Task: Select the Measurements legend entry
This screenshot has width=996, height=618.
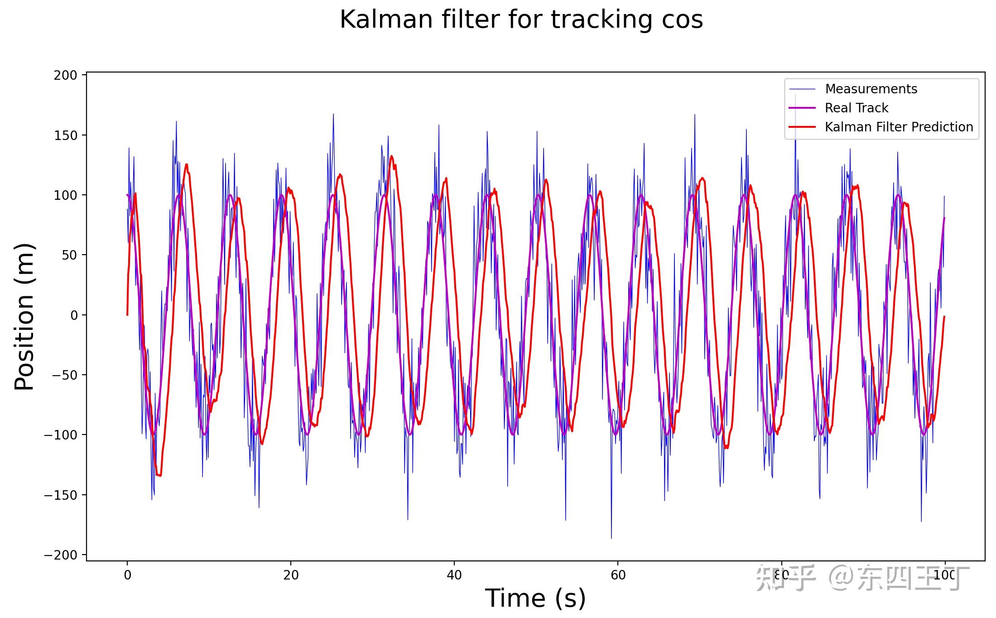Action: coord(871,89)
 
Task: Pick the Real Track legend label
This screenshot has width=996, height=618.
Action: coord(856,108)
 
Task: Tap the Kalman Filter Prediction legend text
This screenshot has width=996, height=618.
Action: coord(899,127)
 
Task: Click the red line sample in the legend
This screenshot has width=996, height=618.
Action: coord(802,127)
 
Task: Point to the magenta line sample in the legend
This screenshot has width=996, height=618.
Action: coord(802,108)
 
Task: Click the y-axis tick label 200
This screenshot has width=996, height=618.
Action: coord(66,76)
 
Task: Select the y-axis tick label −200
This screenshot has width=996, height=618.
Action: coord(61,555)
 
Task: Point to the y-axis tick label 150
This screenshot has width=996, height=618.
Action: coord(66,135)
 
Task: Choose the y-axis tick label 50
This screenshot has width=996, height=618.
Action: coord(69,256)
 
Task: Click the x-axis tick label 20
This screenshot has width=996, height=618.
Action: coord(291,575)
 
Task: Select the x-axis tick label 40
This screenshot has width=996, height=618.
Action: coord(454,575)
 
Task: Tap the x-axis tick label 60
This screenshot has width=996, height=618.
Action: coord(618,575)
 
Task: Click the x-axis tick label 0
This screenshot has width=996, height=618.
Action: coord(127,575)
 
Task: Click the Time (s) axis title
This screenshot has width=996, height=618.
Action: coord(535,599)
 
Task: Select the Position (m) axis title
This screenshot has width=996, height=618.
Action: coord(24,316)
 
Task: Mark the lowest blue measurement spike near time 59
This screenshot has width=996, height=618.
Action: coord(611,538)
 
